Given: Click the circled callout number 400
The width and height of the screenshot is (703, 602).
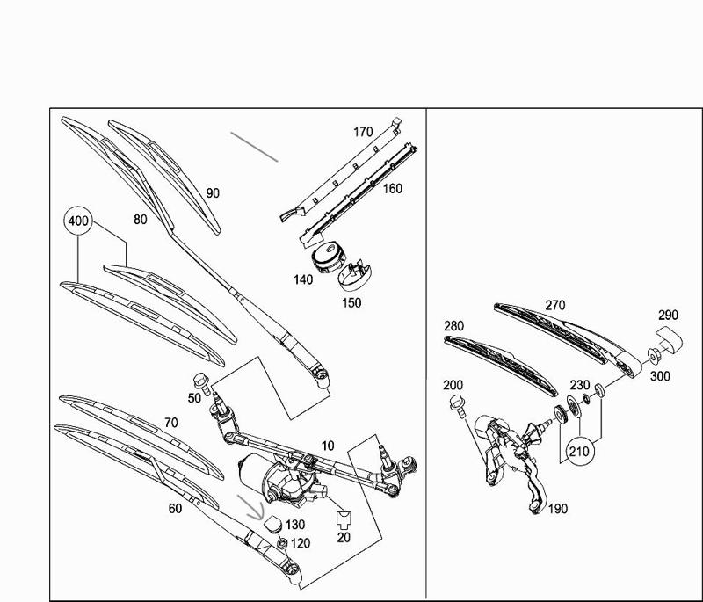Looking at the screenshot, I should click(78, 222).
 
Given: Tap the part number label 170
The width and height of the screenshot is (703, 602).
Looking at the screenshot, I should click(363, 133).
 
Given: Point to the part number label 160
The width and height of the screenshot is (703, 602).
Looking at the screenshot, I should click(392, 188).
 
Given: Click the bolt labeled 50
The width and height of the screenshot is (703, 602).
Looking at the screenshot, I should click(199, 382).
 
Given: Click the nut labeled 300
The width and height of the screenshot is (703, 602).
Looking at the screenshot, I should click(655, 356).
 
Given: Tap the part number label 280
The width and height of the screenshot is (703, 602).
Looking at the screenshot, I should click(453, 327).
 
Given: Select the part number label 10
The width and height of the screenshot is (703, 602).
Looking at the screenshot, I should click(327, 447).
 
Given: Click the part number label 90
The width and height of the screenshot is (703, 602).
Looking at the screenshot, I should click(213, 193).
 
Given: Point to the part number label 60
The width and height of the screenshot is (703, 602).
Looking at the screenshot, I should click(176, 509).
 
